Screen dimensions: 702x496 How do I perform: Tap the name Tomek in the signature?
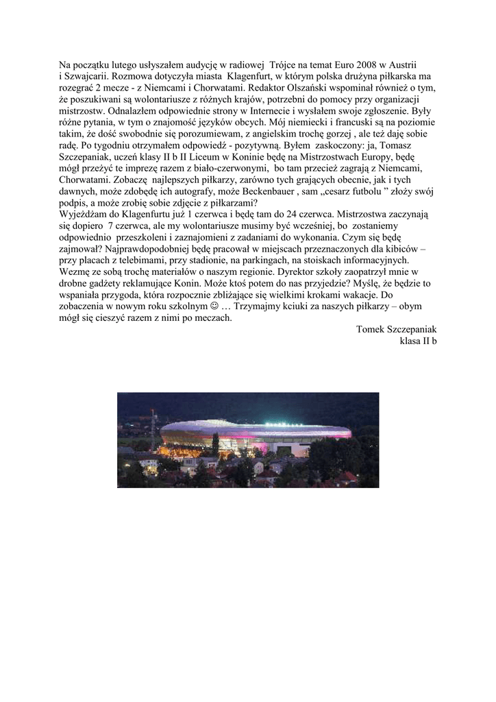[x=371, y=329]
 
